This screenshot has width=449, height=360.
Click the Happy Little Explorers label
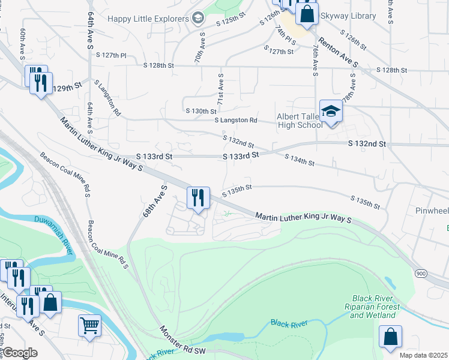[147, 19]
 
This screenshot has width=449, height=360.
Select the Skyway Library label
[348, 16]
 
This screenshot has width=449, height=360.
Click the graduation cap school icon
[330, 112]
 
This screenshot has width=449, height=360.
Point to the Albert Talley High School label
[300, 121]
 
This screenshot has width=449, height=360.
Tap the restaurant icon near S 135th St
[197, 197]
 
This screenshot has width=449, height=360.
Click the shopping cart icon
[89, 326]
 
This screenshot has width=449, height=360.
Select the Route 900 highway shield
[421, 273]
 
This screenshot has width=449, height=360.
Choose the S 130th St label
[200, 112]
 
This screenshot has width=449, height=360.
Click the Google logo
[19, 353]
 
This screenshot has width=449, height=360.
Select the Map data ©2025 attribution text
[423, 355]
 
